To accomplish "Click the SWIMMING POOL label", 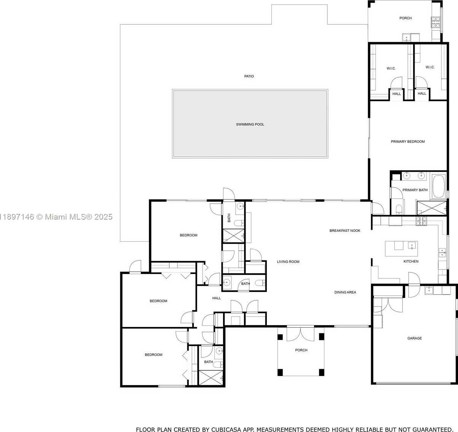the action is [x=250, y=124].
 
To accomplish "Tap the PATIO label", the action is [x=249, y=76].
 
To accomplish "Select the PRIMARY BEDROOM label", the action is [x=408, y=142].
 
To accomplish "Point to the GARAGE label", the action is [x=415, y=338].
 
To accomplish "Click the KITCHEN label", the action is [x=411, y=261].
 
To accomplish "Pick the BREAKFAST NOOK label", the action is [x=345, y=231].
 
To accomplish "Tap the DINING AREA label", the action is [x=345, y=292].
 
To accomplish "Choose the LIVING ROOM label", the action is [x=288, y=262].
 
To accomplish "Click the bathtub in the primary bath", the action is [x=439, y=187].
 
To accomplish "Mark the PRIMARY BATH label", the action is [x=415, y=190].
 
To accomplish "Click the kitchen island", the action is [x=401, y=249].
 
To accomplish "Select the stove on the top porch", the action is [x=436, y=22].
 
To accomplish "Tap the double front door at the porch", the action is [x=300, y=334].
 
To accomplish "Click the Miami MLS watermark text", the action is [x=56, y=217].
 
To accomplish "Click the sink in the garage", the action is [x=429, y=290].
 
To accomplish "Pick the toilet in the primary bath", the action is [x=399, y=209].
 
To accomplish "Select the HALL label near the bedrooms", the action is [x=216, y=298].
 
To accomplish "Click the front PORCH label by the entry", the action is [x=301, y=350].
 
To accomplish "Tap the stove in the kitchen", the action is [x=421, y=221].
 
